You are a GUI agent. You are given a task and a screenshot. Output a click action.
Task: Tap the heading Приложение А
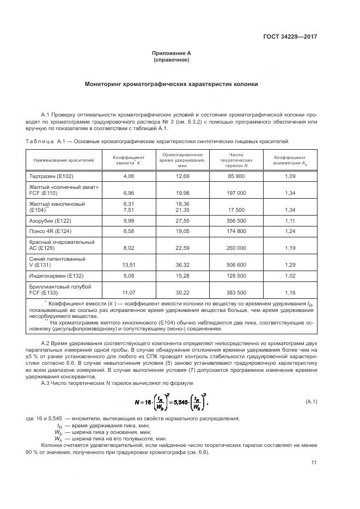(x=171, y=53)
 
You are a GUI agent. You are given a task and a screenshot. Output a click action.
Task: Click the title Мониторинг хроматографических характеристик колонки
(x=171, y=84)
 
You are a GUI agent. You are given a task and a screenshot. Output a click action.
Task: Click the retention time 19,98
(x=182, y=193)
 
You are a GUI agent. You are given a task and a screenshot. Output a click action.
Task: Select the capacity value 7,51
(x=129, y=209)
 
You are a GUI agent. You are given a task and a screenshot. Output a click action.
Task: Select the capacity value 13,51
(x=129, y=265)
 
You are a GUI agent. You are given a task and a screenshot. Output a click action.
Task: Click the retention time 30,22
(x=182, y=292)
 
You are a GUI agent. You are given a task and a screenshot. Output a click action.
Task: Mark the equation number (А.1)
(x=311, y=401)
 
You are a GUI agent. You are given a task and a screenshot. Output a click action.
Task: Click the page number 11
(x=314, y=463)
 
